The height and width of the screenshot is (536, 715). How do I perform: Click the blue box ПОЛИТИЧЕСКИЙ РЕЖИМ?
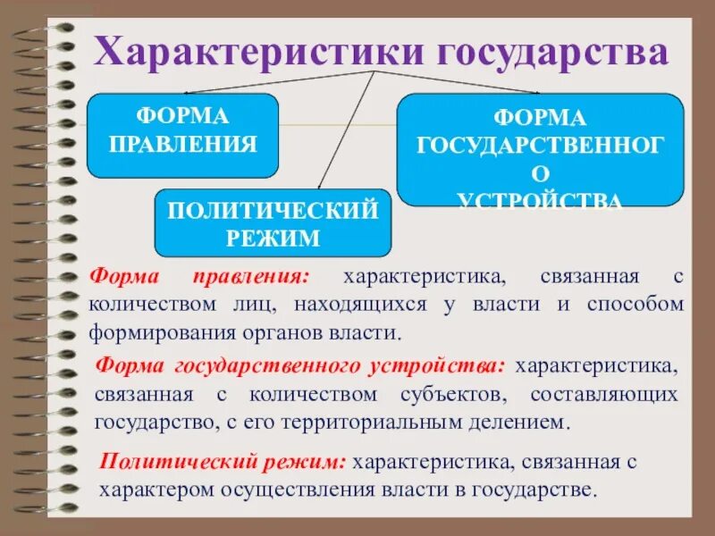click(273, 223)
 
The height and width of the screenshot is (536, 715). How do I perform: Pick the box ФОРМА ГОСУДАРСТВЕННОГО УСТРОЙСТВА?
click(540, 150)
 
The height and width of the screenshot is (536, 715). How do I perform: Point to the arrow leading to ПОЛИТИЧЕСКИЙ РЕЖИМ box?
click(344, 134)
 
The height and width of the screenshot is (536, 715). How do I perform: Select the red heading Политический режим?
click(223, 462)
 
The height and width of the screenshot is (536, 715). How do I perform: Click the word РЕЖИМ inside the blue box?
click(273, 238)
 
